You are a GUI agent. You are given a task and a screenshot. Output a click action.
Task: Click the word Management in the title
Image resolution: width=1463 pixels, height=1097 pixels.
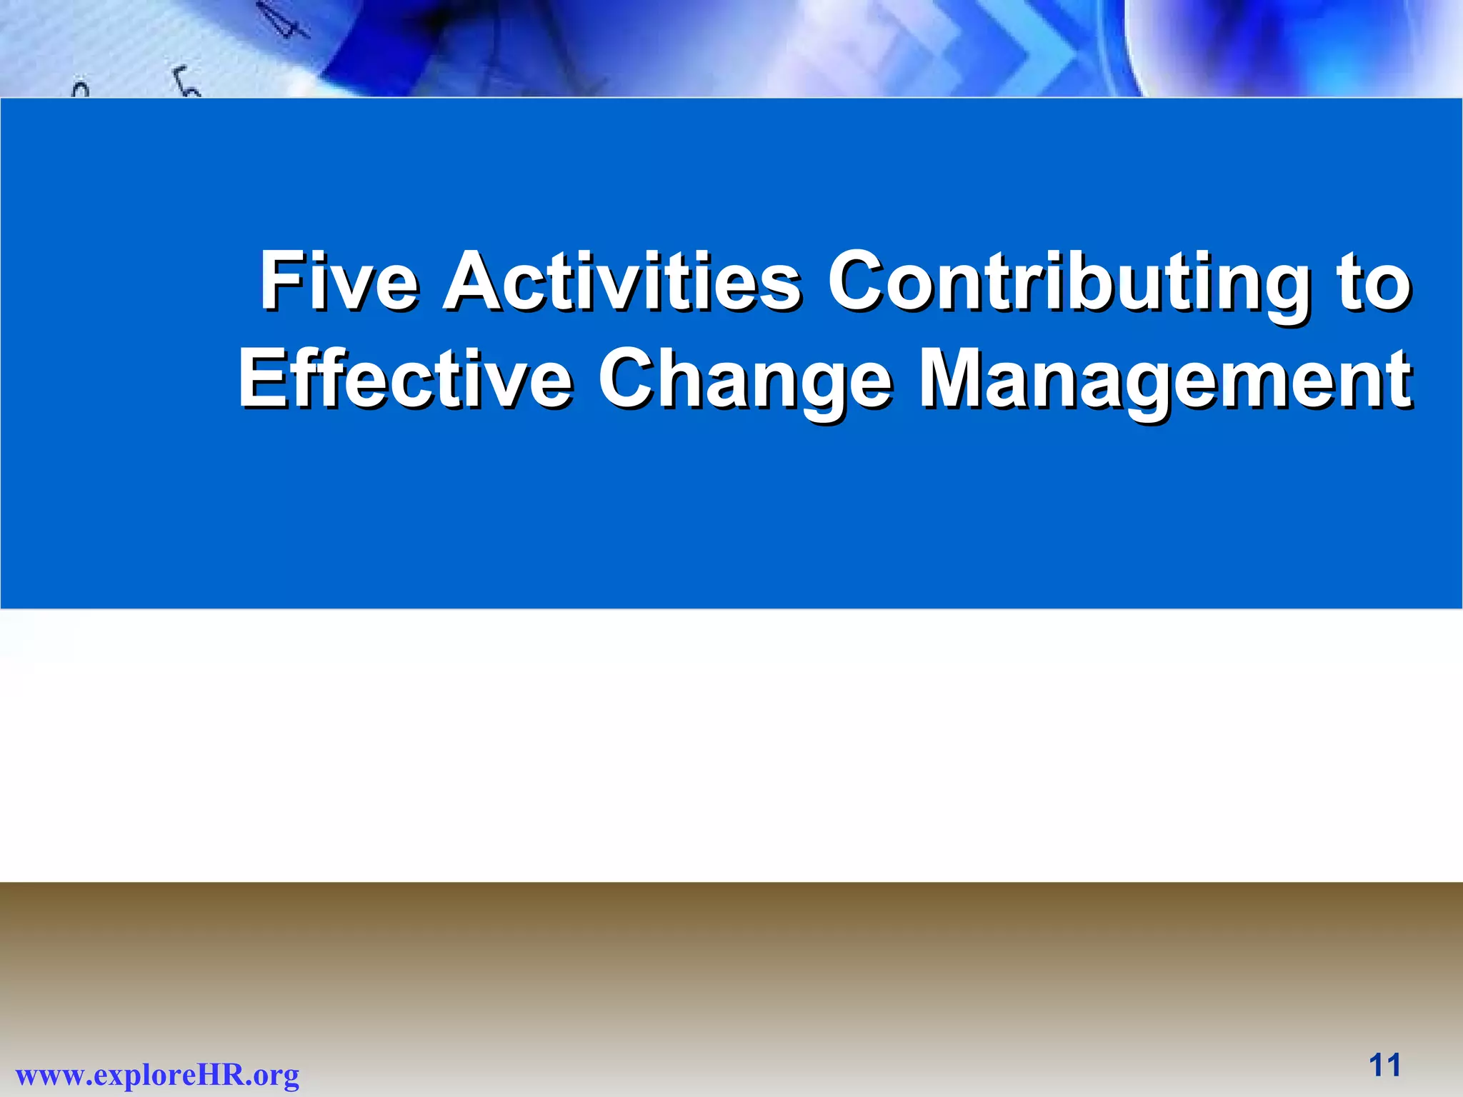pos(1164,379)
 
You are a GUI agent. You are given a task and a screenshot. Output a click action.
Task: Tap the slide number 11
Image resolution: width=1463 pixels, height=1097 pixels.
pos(1384,1065)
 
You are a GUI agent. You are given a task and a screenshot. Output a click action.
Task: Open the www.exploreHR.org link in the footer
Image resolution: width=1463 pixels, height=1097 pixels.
pos(157,1074)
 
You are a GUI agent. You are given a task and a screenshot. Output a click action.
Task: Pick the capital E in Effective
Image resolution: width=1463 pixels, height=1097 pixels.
pos(259,379)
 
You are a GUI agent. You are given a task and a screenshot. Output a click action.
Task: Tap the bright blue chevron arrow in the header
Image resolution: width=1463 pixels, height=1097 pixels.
pos(1029,50)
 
